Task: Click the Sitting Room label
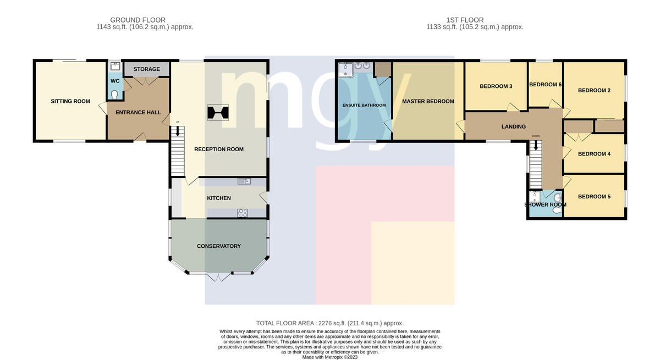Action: (70, 101)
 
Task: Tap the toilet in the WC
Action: (114, 95)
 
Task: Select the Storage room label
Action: (147, 69)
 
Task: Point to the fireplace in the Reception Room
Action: (218, 113)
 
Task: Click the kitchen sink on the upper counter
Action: (244, 181)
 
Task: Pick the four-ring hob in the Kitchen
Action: (243, 213)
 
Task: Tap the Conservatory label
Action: (219, 246)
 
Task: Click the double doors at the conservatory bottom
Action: (219, 277)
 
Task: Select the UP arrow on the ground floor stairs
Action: (178, 131)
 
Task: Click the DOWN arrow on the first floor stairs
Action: (536, 145)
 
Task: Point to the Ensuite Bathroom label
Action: (364, 105)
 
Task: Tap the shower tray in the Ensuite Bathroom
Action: (345, 69)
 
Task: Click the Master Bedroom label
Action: (428, 101)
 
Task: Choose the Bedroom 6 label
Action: (546, 85)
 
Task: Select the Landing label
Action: (514, 126)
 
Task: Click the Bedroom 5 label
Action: (595, 197)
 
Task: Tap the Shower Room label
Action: (546, 204)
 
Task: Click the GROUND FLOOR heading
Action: (137, 20)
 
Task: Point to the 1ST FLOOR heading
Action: (465, 20)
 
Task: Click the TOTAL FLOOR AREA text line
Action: (329, 323)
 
